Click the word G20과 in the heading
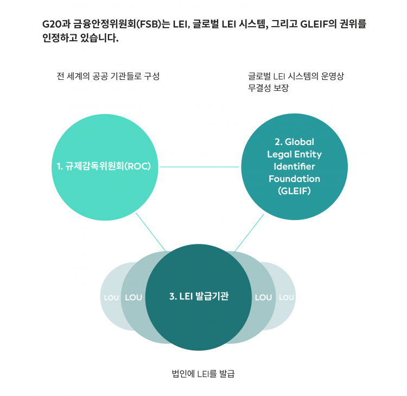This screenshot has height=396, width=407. point(56,24)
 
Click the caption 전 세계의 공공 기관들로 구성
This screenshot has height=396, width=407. point(107,77)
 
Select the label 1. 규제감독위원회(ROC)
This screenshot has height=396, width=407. point(104,167)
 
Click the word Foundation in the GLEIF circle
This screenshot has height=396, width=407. point(294,179)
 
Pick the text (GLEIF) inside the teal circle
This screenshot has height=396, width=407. point(294,191)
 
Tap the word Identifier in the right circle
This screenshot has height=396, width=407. point(294,166)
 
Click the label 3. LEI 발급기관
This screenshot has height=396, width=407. point(199,297)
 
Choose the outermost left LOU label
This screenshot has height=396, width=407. point(111,298)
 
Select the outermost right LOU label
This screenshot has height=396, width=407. point(286,298)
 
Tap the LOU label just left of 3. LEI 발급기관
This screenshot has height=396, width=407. point(133,298)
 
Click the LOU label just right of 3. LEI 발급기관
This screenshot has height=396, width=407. point(263,298)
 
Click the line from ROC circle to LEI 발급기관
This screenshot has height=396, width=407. point(150,232)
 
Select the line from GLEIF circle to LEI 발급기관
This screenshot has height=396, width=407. point(249,232)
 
